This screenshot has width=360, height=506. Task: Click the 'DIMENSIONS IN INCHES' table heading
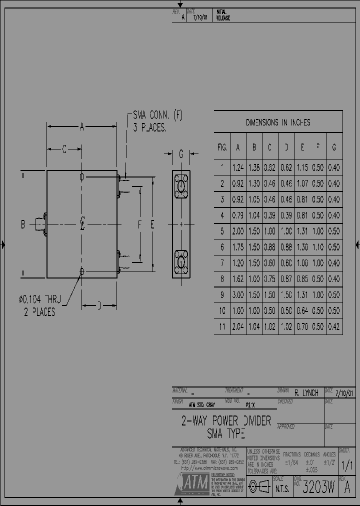tap(278, 122)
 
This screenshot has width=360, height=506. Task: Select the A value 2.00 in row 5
tap(238, 231)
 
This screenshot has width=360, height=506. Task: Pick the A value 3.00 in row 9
tap(238, 295)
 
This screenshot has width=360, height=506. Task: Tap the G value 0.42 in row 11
tap(334, 327)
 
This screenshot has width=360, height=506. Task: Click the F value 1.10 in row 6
tap(318, 247)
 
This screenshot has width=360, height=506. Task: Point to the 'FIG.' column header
tap(222, 147)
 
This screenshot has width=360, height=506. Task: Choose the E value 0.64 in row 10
tap(302, 311)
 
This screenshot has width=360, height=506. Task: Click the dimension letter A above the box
tap(82, 127)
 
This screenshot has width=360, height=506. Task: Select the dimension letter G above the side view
tap(181, 154)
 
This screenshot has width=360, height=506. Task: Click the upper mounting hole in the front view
tap(82, 176)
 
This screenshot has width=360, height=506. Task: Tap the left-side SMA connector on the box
tap(40, 224)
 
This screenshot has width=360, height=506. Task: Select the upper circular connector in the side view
tap(181, 187)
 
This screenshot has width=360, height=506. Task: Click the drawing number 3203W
tap(319, 488)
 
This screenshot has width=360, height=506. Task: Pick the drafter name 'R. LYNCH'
tap(306, 393)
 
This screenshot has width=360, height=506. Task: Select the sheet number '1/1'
tap(345, 464)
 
